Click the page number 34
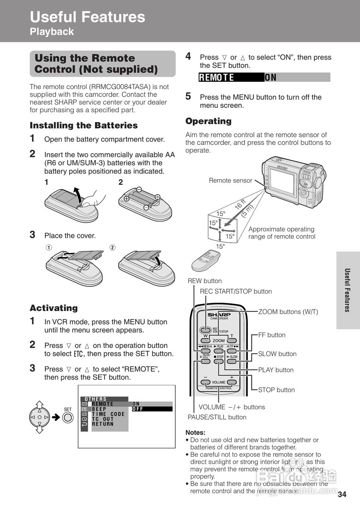342,495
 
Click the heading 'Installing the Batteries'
84,125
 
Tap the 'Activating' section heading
54,308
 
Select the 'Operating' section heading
208,121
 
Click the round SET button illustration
68,418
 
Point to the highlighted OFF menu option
138,409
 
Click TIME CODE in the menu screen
108,414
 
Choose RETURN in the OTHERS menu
103,424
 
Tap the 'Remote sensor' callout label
230,180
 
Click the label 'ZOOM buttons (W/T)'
288,312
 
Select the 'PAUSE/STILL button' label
217,417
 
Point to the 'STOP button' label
276,390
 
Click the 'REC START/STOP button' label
235,291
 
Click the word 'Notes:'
196,432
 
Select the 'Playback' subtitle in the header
52,32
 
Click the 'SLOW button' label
277,354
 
